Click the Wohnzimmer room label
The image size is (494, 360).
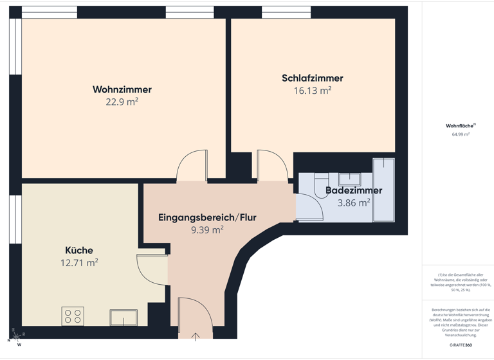(x=122, y=89)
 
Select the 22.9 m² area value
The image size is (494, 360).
(x=122, y=102)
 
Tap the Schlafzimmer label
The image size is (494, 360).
(x=313, y=78)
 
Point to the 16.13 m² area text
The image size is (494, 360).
(x=313, y=91)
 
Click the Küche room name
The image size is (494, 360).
(x=79, y=250)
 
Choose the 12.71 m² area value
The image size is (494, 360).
(x=79, y=262)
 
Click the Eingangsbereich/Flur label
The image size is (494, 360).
(x=207, y=217)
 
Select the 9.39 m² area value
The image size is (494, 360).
(x=207, y=229)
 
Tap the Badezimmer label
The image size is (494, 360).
(x=354, y=190)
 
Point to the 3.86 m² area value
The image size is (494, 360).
(x=354, y=203)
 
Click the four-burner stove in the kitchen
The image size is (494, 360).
(x=73, y=316)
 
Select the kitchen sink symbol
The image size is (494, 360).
(x=123, y=317)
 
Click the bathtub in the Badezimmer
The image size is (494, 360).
(x=383, y=190)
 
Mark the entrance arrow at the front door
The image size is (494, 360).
(x=196, y=336)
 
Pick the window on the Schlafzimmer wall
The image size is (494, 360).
(x=286, y=12)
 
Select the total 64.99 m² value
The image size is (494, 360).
(x=461, y=134)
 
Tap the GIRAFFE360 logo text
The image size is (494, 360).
(x=460, y=345)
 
